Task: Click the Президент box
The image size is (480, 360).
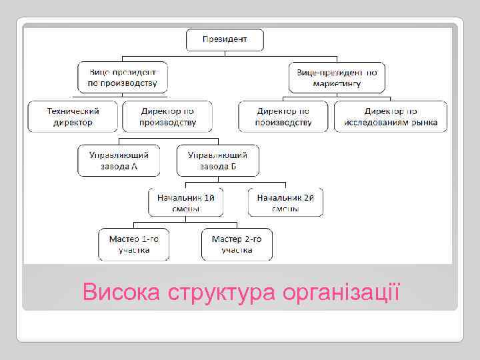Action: [x=225, y=40]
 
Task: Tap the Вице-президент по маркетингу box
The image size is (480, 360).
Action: [x=337, y=77]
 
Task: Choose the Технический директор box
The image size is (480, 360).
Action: [x=73, y=116]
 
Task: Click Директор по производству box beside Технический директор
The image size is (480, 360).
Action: [x=167, y=116]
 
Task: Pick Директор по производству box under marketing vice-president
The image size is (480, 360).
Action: [x=284, y=116]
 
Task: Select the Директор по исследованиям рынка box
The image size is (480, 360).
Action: [x=391, y=116]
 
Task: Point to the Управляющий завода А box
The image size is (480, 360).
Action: [x=119, y=160]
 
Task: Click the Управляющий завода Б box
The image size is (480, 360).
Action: [x=217, y=160]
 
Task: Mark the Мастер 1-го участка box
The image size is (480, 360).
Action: [x=134, y=244]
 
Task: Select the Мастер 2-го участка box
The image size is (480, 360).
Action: [x=237, y=244]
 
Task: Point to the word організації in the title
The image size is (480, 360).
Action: [x=342, y=292]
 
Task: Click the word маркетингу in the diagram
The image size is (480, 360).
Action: [x=337, y=84]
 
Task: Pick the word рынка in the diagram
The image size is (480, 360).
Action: [x=425, y=122]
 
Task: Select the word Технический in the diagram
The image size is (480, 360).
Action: [x=73, y=111]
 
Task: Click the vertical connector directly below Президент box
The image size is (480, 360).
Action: [x=225, y=56]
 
